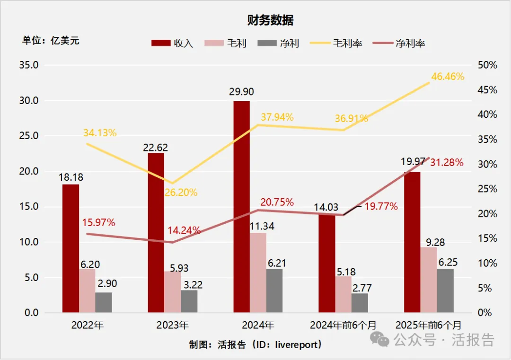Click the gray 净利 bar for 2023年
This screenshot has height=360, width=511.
click(x=189, y=301)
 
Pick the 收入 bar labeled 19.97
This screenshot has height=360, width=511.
click(x=412, y=242)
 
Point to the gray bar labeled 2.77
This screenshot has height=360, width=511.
click(x=359, y=303)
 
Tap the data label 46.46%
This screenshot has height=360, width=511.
click(x=447, y=76)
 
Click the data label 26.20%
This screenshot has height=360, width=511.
click(x=181, y=193)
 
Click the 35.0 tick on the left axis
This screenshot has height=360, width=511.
click(x=28, y=65)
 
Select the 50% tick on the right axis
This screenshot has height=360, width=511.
click(x=487, y=65)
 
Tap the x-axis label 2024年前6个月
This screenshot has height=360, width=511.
click(x=343, y=325)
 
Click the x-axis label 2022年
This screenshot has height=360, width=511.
click(x=87, y=325)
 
